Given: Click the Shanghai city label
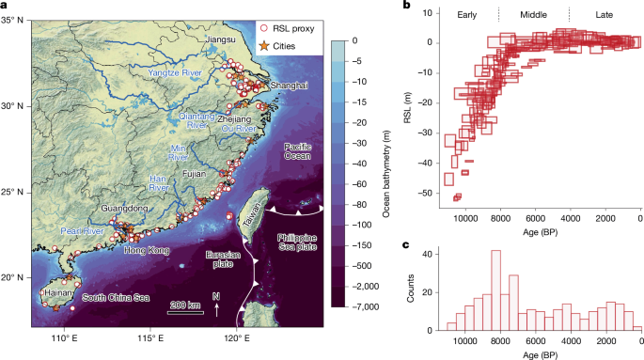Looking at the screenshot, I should (x=289, y=86).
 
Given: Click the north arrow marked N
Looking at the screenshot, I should (x=217, y=304).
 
